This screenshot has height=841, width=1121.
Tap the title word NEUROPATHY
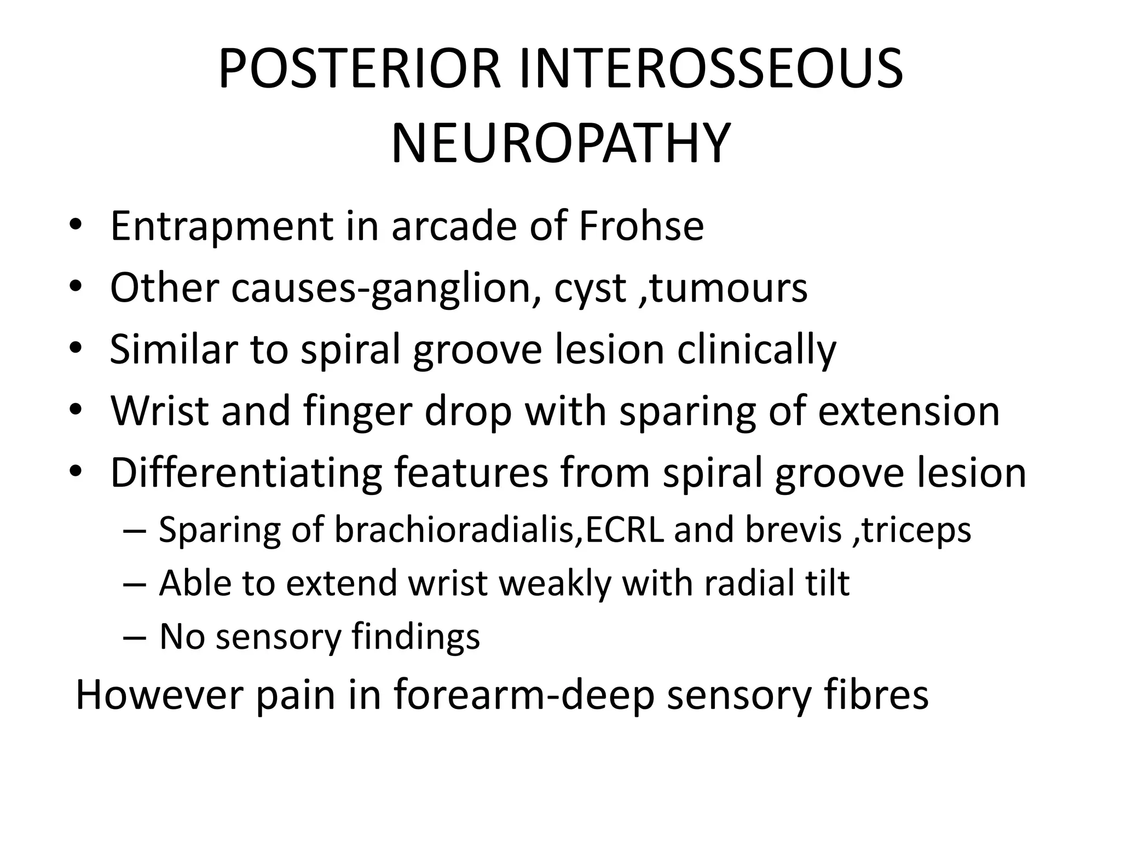[x=560, y=144]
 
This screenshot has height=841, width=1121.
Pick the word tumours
[x=729, y=288]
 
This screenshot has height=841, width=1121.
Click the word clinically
[x=756, y=350]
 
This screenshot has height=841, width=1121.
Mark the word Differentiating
[x=246, y=473]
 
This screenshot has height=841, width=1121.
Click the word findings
[x=415, y=637]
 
